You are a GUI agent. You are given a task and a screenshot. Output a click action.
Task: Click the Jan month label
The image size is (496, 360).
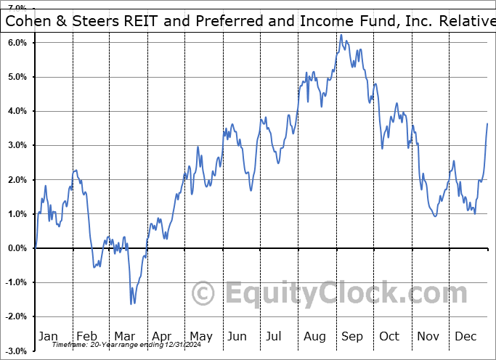click(47, 336)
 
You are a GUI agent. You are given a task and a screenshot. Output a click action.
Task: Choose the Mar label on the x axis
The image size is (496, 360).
click(124, 336)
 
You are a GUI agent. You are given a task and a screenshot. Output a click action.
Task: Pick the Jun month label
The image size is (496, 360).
click(237, 336)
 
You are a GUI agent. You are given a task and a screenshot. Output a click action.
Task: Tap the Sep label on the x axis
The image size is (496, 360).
click(352, 336)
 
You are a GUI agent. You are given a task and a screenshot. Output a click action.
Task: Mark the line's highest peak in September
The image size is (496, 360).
click(341, 35)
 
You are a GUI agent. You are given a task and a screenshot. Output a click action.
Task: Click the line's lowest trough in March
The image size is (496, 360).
click(131, 303)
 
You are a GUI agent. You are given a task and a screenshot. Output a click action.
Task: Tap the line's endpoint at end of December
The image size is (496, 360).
click(487, 124)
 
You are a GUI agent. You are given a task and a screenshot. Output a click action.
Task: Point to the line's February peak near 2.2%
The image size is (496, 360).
click(76, 170)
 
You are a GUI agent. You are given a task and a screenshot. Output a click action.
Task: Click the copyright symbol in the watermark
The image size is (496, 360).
click(204, 294)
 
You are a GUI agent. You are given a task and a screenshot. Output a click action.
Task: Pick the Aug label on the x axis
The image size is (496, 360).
click(314, 336)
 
